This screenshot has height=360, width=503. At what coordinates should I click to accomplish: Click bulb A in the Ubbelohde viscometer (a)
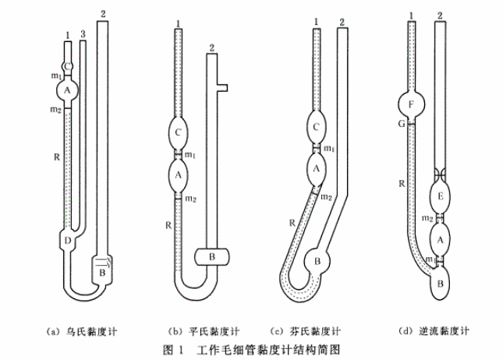pos(68,91)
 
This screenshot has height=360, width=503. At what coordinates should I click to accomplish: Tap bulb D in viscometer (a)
pos(68,241)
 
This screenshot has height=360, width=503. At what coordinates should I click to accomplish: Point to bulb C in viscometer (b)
pos(178,132)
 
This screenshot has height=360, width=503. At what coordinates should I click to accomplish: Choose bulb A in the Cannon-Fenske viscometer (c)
pos(317,166)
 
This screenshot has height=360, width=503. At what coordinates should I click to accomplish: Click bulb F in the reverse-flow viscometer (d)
pos(410,103)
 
